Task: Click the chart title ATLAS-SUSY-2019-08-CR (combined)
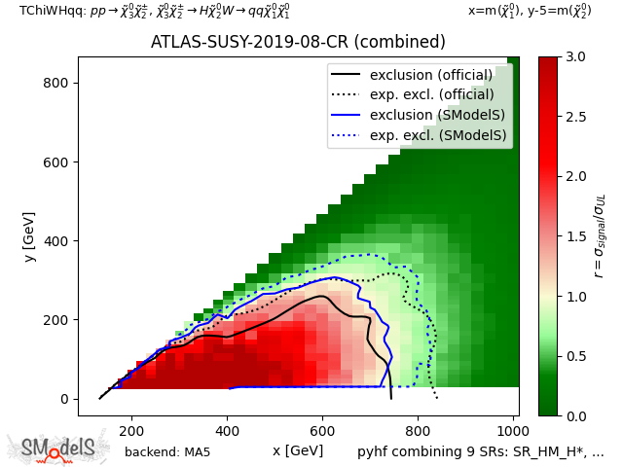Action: point(298,43)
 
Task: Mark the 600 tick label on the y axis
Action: point(55,162)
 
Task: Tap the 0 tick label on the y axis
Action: point(62,399)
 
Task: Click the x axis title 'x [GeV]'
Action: point(298,450)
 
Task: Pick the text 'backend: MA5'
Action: point(167,451)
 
